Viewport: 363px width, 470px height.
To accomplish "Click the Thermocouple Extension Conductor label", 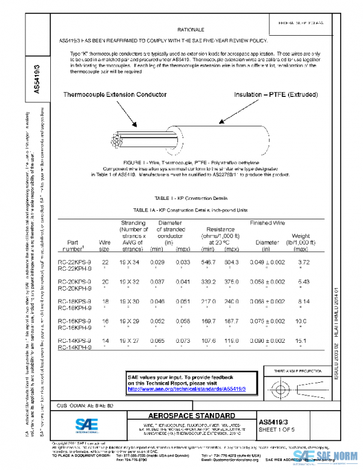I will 116,96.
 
